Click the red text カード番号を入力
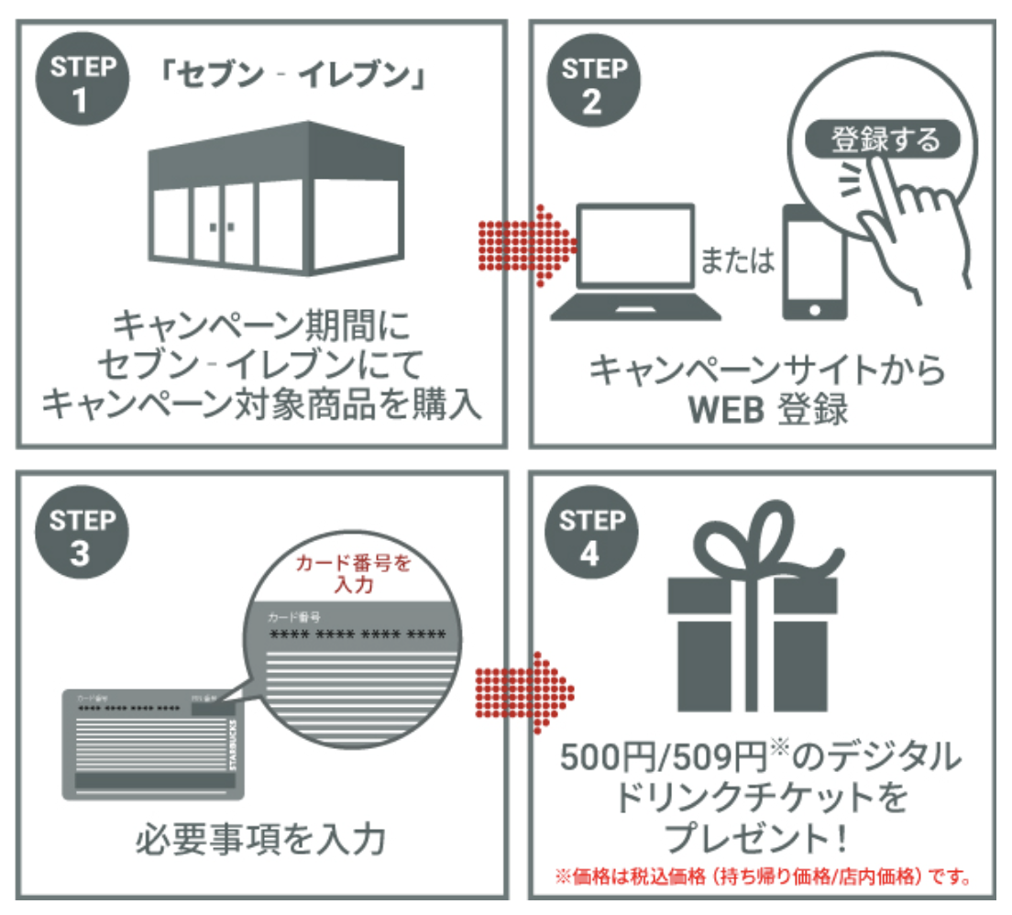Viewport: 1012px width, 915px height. (353, 574)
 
